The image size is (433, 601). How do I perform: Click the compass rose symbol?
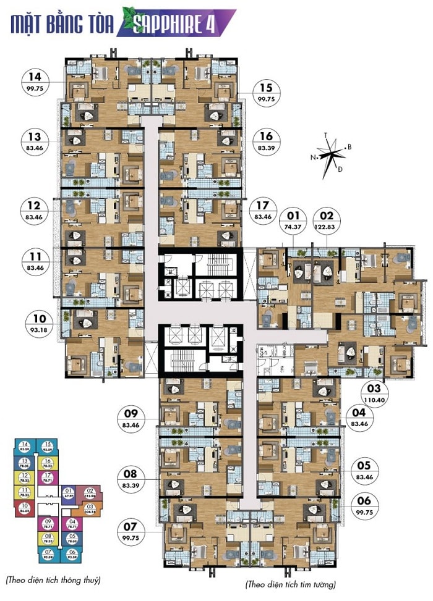[332, 153]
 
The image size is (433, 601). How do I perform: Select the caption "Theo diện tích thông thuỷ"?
[53, 580]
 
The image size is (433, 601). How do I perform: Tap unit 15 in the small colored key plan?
[48, 447]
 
